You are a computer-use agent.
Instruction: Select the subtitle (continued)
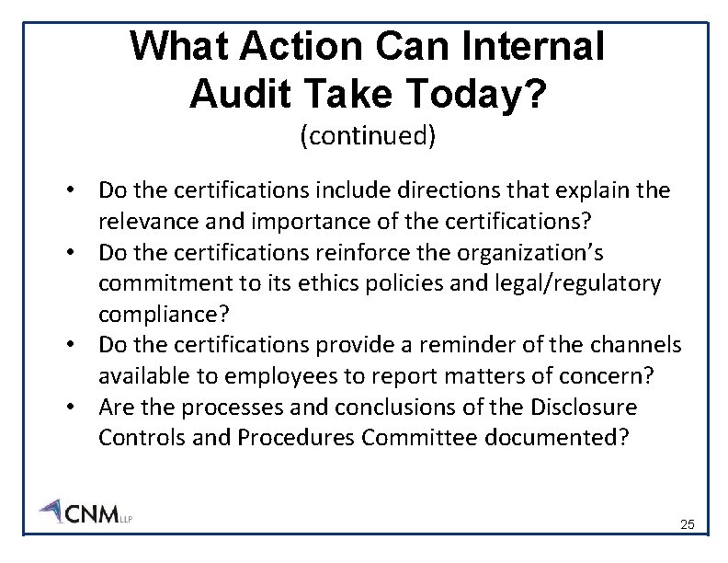[x=367, y=136]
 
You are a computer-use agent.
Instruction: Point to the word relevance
[x=144, y=221]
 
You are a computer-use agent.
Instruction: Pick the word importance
[x=300, y=221]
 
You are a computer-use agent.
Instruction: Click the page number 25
[x=688, y=525]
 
